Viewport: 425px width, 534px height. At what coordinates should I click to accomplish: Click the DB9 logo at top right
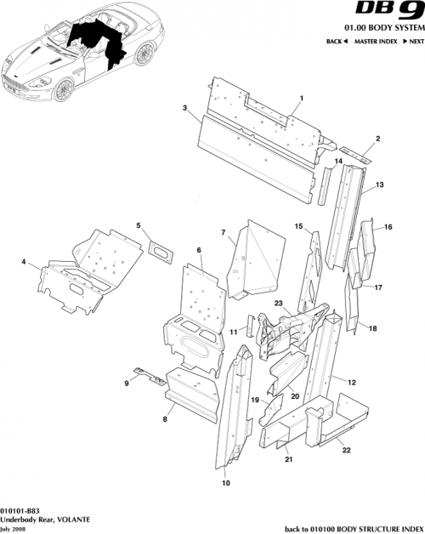[x=393, y=12]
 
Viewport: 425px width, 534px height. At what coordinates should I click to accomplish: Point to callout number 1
[x=300, y=99]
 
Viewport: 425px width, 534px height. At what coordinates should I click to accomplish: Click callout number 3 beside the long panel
[x=184, y=108]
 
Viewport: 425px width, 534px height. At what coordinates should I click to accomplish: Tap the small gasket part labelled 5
[x=159, y=248]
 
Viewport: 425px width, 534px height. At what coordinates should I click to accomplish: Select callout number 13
[x=379, y=184]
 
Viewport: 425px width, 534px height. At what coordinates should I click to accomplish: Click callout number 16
[x=388, y=227]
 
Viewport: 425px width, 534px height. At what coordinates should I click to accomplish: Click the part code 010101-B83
[x=23, y=508]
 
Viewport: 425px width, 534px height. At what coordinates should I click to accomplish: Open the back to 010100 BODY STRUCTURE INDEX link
[x=353, y=528]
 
